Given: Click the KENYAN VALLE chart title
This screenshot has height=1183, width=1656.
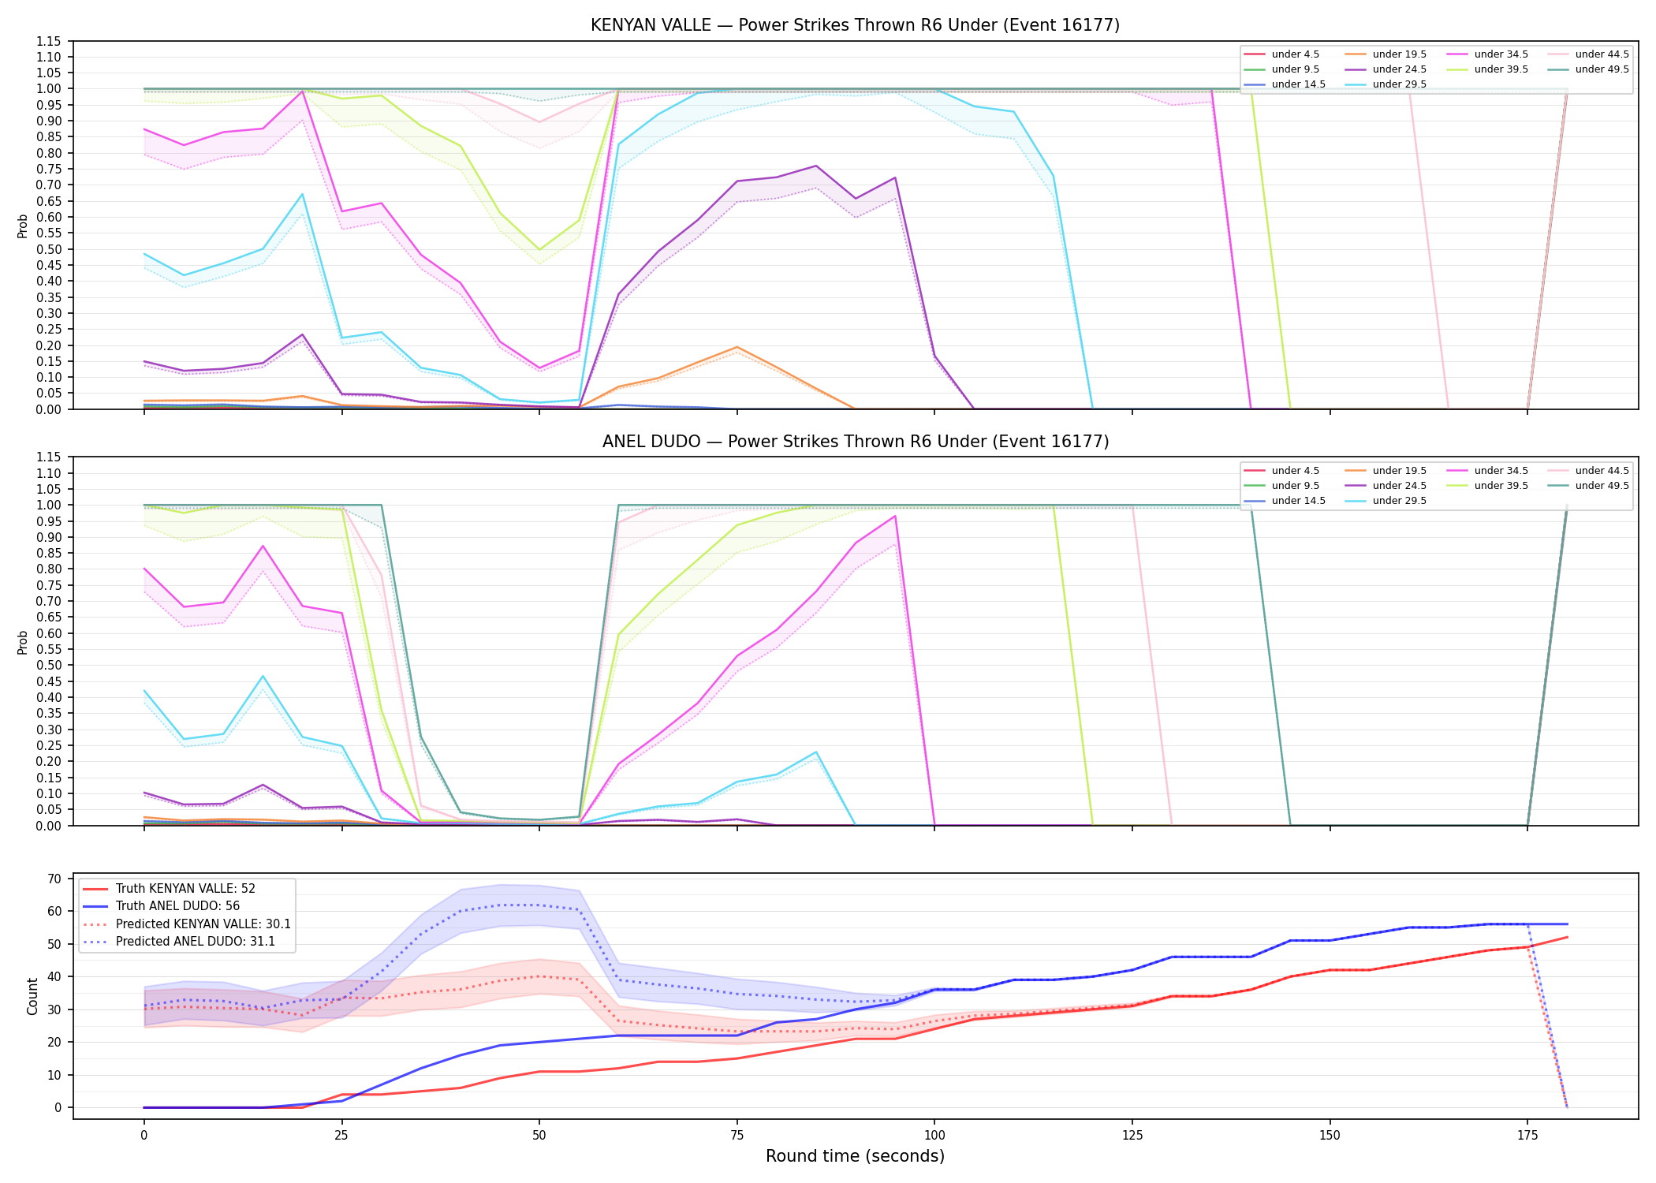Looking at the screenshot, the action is [x=855, y=25].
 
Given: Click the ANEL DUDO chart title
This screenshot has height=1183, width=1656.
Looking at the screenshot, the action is [x=856, y=442].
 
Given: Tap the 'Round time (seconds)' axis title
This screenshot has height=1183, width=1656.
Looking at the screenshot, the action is [x=855, y=1156].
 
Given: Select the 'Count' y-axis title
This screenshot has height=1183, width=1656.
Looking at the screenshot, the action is [x=32, y=996].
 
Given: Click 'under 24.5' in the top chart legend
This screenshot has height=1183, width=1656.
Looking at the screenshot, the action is [x=1400, y=69].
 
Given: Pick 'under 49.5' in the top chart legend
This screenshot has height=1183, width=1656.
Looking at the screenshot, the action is [x=1602, y=69].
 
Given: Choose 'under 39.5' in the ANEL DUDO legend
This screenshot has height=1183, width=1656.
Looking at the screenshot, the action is [x=1501, y=486].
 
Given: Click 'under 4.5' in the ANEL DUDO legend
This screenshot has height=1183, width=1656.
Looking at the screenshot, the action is [x=1296, y=471].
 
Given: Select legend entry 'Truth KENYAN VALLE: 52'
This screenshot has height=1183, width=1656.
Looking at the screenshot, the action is [x=185, y=889].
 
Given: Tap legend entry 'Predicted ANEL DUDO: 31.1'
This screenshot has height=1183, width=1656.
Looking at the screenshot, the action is [x=196, y=942].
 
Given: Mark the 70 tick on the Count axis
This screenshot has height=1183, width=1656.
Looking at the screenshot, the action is [x=54, y=879].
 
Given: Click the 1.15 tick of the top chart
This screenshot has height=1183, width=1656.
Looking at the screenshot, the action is [x=49, y=41].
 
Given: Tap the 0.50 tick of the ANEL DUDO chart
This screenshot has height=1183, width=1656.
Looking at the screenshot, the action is [x=49, y=666].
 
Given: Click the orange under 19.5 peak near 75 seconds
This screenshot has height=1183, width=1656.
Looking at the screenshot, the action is [x=737, y=347].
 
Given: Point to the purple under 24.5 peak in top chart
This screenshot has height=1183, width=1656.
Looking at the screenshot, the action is [x=816, y=166].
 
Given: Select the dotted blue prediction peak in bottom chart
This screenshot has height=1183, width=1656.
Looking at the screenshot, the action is [x=519, y=905].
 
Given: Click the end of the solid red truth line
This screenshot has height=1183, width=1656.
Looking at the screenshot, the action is [x=1567, y=937].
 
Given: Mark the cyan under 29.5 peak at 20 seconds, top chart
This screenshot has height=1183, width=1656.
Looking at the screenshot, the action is [x=302, y=194].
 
